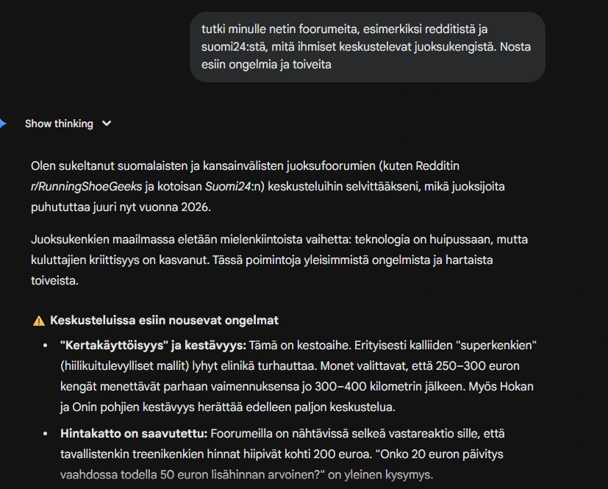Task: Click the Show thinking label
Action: point(59,124)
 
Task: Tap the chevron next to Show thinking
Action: point(107,124)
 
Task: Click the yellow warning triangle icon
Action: point(39,321)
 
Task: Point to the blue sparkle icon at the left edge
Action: point(3,123)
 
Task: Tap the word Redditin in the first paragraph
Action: point(438,166)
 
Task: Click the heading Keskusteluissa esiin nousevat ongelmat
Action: point(164,321)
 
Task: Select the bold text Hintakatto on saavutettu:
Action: point(135,434)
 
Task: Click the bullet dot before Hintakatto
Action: point(45,434)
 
